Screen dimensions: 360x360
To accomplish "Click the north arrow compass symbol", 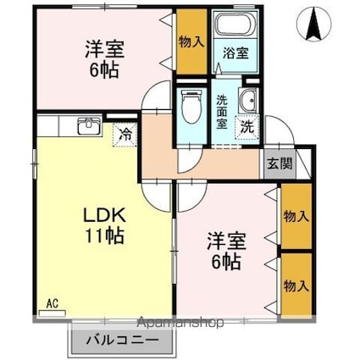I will [x=316, y=23].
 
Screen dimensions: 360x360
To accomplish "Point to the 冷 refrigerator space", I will [x=125, y=133].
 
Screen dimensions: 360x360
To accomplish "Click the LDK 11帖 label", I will [x=102, y=224].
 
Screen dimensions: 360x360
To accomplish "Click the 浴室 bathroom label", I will [x=235, y=53].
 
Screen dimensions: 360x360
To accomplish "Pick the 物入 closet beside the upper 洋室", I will [x=191, y=41].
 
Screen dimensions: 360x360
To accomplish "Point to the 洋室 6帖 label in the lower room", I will [x=224, y=251].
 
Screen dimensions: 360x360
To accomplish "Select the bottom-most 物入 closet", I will [x=295, y=284].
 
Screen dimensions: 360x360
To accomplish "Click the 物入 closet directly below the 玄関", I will [x=295, y=218].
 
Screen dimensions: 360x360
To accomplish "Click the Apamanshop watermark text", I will [x=180, y=323].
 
